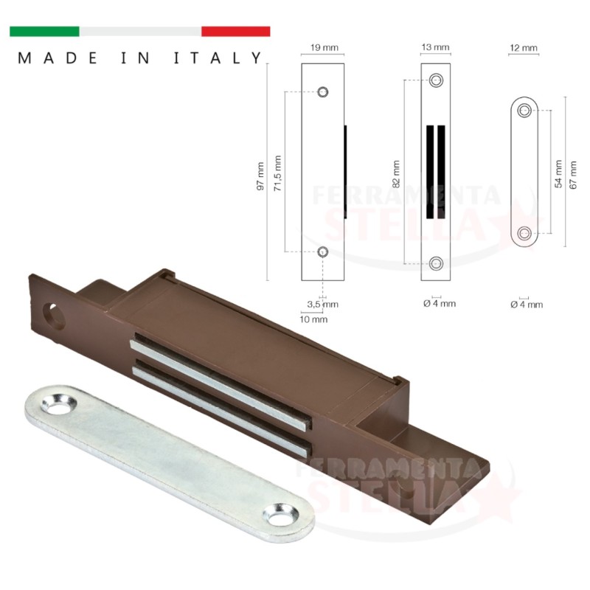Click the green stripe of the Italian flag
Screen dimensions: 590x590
click(x=44, y=31)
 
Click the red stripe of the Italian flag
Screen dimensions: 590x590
click(x=235, y=31)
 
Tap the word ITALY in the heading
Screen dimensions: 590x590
click(x=218, y=58)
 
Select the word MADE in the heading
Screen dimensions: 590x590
click(x=58, y=58)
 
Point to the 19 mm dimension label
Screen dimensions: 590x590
click(x=324, y=47)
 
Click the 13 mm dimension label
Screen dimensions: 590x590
click(x=435, y=47)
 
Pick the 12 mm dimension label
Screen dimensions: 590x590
click(x=524, y=48)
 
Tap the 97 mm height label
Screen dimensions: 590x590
click(x=260, y=176)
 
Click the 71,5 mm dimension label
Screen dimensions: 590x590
click(x=278, y=173)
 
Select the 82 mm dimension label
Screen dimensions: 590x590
click(x=396, y=174)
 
